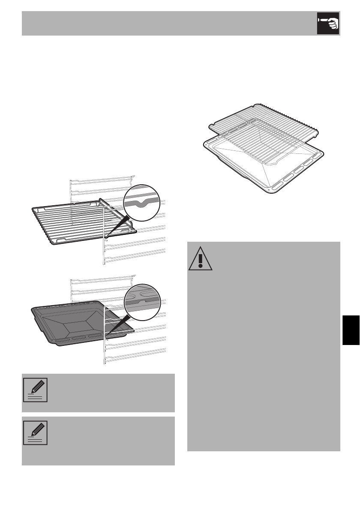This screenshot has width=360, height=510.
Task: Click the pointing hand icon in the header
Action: point(328,23)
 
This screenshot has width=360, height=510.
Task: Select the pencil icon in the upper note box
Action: point(35,390)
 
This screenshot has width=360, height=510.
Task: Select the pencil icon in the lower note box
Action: point(35,433)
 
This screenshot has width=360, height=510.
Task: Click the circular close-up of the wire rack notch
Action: point(141,203)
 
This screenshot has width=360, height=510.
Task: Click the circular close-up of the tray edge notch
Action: point(141,301)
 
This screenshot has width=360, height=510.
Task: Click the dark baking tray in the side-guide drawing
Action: point(73,321)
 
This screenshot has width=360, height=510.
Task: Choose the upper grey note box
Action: point(98,393)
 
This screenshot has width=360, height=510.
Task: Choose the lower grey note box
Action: point(98,441)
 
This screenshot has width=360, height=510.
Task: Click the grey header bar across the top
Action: point(167,23)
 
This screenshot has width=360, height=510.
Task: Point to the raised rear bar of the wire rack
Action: point(118,210)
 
